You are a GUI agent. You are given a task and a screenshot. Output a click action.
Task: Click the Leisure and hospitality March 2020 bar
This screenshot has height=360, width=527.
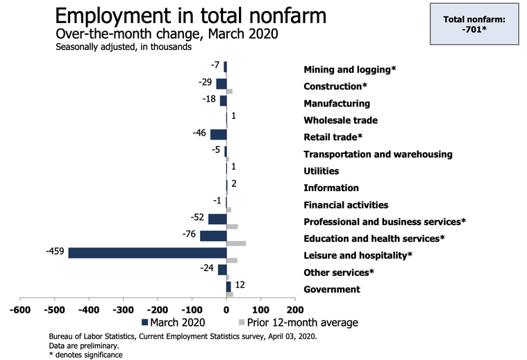[147, 252]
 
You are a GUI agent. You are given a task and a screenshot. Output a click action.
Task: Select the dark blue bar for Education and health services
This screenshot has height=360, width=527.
[213, 236]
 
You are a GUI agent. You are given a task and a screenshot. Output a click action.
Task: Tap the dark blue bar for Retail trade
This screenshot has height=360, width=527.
[218, 134]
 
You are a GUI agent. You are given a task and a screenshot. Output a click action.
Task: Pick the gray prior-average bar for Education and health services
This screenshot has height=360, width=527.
[236, 243]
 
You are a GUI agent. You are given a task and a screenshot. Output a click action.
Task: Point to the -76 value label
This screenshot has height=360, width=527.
[188, 234]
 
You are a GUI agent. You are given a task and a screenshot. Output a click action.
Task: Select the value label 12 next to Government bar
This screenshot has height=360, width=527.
[240, 284]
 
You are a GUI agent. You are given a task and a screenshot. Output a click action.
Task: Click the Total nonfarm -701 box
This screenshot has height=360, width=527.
[474, 26]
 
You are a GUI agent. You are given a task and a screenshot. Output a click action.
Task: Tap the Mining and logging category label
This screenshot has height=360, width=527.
[349, 69]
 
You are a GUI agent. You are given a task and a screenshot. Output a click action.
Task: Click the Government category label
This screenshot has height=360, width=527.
[332, 289]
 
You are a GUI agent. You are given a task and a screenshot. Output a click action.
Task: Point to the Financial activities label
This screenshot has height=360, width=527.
[346, 205]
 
